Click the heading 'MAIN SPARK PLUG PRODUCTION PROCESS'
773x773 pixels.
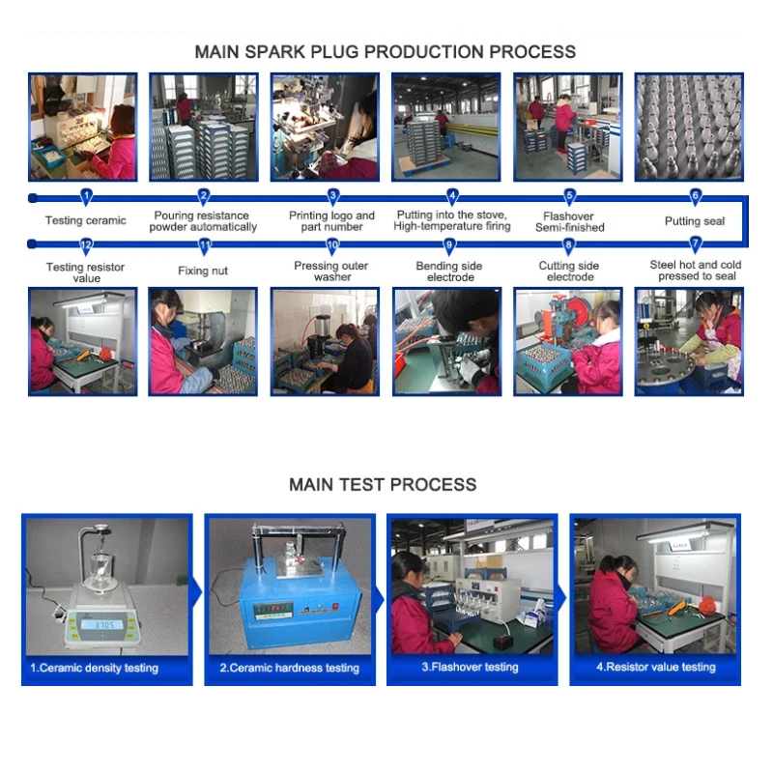point(385,52)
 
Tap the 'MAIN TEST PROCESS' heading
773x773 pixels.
point(383,485)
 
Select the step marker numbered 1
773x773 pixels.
point(86,197)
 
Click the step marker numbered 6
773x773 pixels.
point(695,197)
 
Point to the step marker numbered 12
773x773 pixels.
point(86,245)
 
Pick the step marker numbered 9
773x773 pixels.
point(449,245)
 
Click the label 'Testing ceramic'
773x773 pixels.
point(86,220)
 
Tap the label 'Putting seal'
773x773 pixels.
point(695,221)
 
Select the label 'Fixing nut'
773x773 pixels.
point(203,271)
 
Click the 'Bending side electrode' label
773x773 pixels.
point(449,272)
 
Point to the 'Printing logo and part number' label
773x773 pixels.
point(331,221)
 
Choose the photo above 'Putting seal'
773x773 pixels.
point(689,128)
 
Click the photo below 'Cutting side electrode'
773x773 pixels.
point(568,342)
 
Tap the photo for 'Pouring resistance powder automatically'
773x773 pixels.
point(204,128)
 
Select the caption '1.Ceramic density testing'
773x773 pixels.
point(94,668)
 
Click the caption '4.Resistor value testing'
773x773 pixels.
point(656,667)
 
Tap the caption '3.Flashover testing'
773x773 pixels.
point(470,667)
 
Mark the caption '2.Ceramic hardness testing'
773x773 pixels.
point(289,668)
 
